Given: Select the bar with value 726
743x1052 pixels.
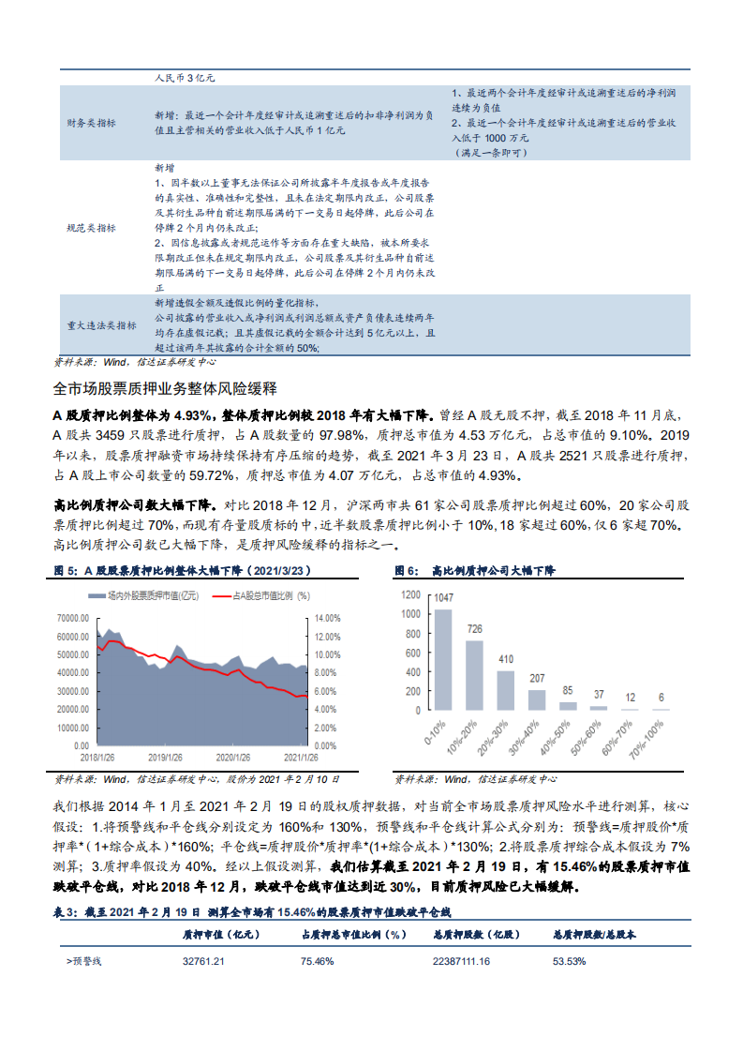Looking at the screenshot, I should [475, 675].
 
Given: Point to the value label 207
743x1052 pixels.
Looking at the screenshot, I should [537, 679].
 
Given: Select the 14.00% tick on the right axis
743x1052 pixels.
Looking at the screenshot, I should [326, 618].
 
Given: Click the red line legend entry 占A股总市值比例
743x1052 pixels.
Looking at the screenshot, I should [249, 595].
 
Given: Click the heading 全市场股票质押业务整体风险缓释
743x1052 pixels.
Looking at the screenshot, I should [164, 387].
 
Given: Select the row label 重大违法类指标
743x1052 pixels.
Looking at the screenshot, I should [100, 325].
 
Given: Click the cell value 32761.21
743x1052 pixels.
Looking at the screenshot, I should [203, 961].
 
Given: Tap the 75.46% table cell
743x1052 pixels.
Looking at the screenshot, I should [318, 961].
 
